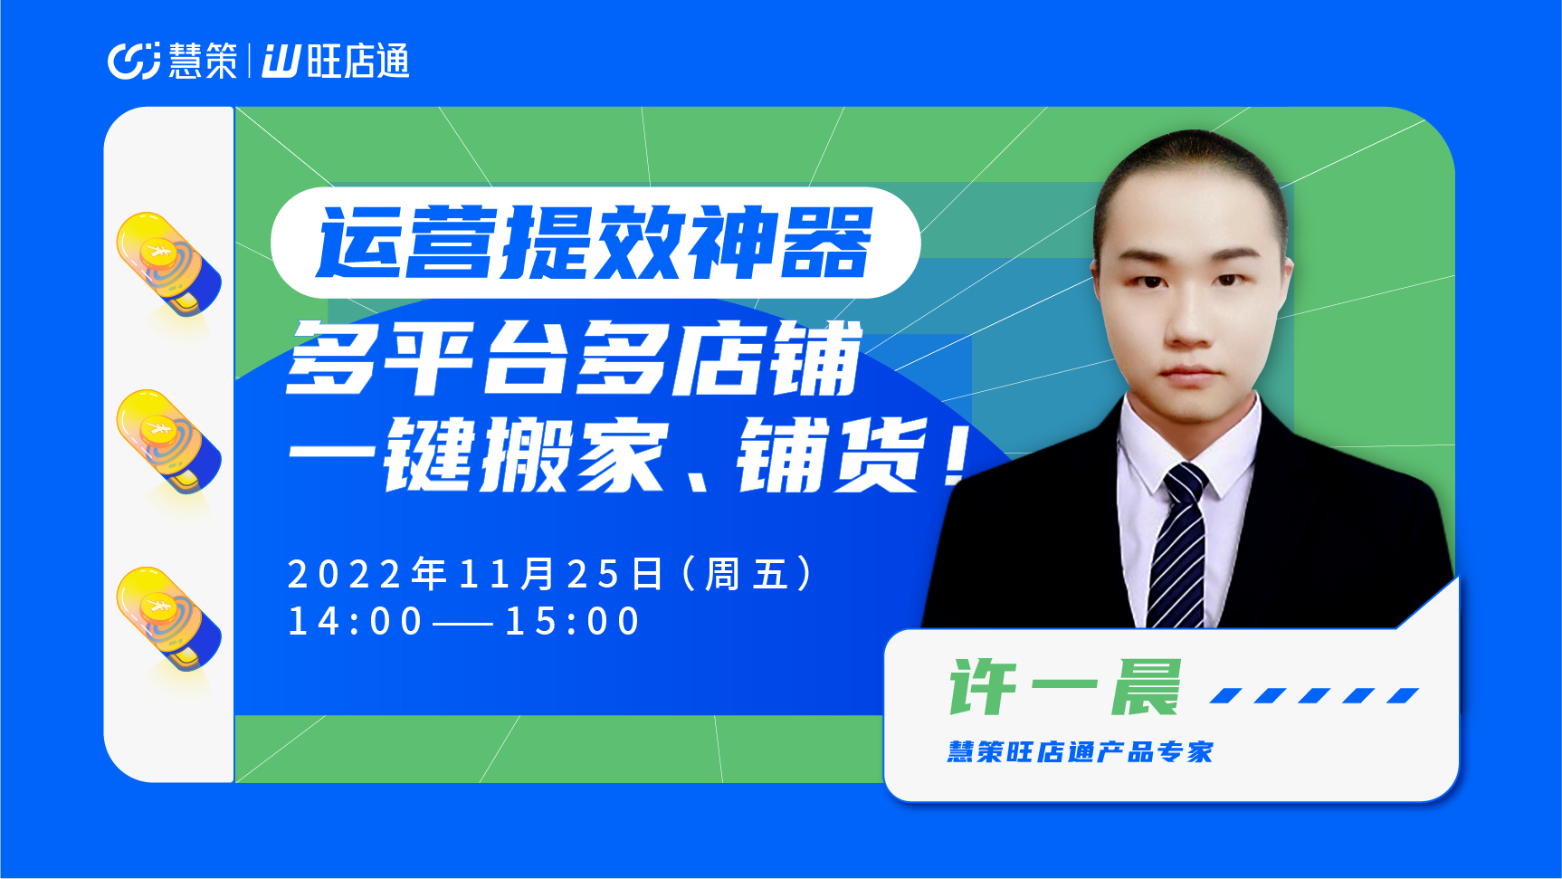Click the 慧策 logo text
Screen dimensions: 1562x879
203,61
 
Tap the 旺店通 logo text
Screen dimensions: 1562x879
358,61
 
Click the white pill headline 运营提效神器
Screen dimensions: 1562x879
595,243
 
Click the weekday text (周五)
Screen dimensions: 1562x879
748,574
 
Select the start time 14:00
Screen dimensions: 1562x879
355,622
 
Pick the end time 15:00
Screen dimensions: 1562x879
573,622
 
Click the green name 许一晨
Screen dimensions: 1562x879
1065,687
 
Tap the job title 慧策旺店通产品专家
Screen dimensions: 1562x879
1080,752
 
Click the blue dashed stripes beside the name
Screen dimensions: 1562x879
1315,695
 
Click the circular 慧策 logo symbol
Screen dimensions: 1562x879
134,61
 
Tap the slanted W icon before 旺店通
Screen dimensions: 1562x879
281,62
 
